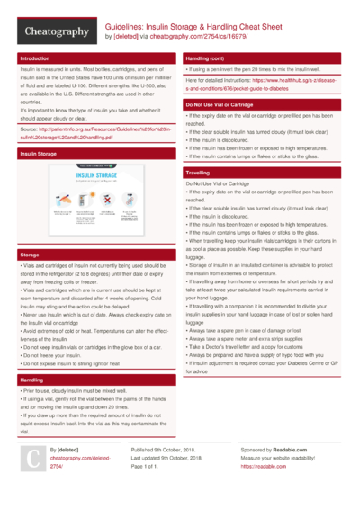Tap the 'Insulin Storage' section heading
pyautogui.click(x=40, y=155)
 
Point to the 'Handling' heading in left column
pyautogui.click(x=31, y=381)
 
